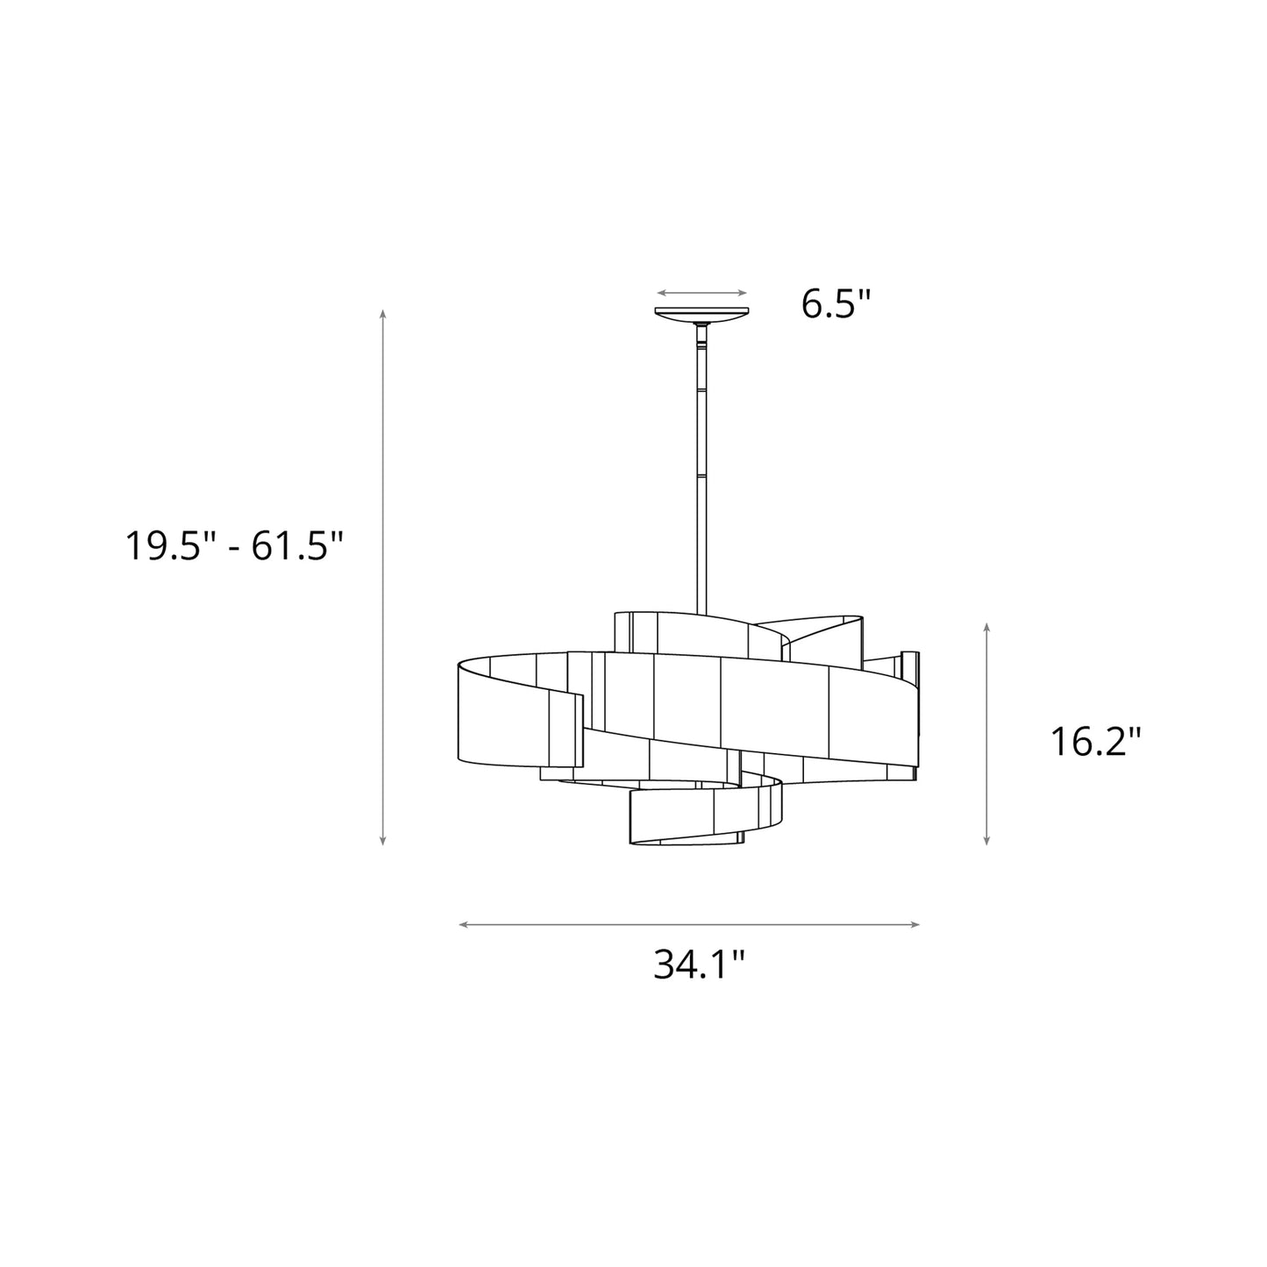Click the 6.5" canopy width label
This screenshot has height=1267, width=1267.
point(836,304)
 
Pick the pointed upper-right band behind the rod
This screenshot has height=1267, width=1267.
point(824,631)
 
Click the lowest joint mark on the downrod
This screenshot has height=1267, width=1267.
point(701,475)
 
